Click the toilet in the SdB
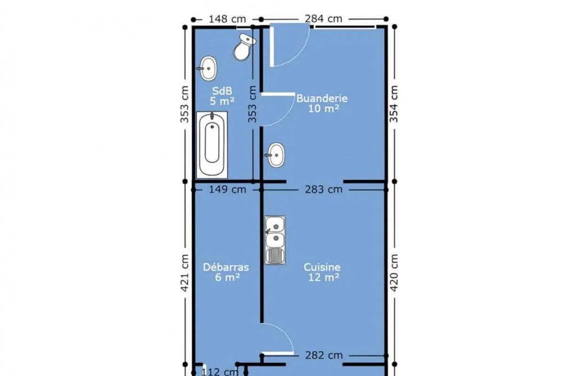[244, 47]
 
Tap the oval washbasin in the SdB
[208, 69]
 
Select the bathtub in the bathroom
[212, 145]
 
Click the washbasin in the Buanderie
[275, 155]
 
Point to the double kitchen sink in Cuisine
[274, 240]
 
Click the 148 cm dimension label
[227, 19]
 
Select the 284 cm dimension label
[323, 19]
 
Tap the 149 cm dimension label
[227, 189]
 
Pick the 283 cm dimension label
[323, 189]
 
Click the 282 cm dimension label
[324, 355]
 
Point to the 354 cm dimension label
[394, 104]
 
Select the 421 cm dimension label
[185, 273]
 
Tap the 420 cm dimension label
[394, 273]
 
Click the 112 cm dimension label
[219, 372]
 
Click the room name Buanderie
[322, 98]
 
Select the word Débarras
[226, 267]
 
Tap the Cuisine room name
[322, 267]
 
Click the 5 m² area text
[222, 101]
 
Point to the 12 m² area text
[323, 277]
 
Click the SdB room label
[222, 91]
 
